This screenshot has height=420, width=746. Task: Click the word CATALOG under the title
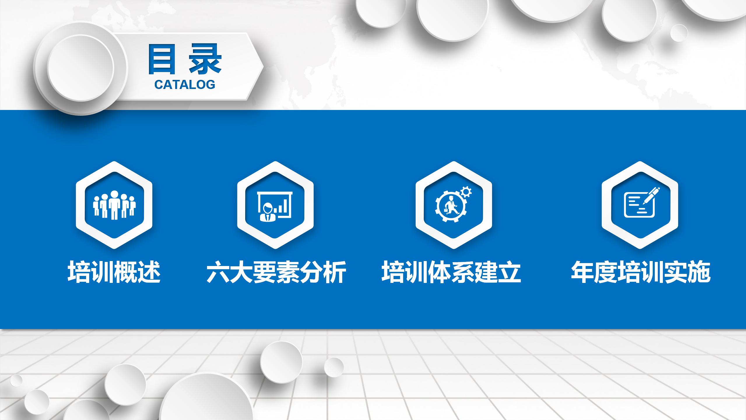(185, 85)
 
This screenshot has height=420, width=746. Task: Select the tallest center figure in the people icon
(115, 205)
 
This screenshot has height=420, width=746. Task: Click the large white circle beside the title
(80, 68)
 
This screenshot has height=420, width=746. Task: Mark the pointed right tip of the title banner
(264, 67)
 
